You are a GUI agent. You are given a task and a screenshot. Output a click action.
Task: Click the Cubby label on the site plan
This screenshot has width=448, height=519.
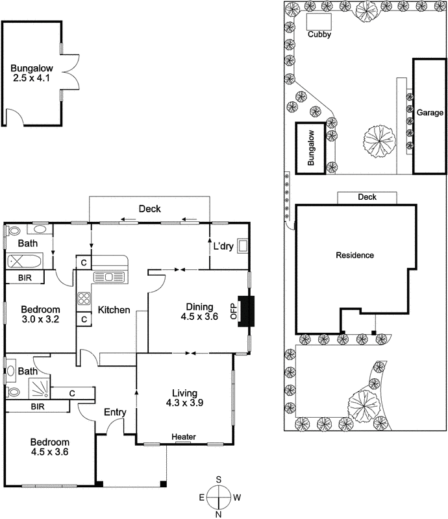tap(319, 35)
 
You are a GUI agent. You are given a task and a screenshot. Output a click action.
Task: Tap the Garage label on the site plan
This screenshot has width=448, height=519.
tap(430, 112)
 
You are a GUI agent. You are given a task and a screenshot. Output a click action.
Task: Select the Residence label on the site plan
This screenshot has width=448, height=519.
tap(355, 255)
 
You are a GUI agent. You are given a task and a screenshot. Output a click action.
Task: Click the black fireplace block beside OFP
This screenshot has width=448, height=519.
tap(246, 309)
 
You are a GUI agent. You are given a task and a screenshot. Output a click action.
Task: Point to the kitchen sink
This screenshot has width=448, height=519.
tap(108, 277)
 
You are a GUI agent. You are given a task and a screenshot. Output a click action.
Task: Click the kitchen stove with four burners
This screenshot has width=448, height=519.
tap(84, 299)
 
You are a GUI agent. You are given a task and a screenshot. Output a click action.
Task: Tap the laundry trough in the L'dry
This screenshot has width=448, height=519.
tap(244, 246)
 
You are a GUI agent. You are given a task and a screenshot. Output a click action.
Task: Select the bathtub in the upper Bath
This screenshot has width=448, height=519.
tap(24, 262)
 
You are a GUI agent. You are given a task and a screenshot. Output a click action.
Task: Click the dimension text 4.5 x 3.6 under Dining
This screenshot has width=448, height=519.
tap(200, 317)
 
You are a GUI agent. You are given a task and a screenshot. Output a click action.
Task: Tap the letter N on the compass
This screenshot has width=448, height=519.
tap(219, 514)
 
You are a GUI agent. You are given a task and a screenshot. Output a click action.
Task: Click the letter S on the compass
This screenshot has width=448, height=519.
tap(219, 479)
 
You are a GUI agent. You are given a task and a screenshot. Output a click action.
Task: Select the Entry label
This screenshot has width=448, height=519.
tap(115, 412)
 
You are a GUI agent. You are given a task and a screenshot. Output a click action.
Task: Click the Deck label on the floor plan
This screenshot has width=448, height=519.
tap(150, 209)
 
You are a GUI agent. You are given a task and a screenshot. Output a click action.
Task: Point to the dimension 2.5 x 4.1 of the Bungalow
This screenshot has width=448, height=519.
tap(31, 78)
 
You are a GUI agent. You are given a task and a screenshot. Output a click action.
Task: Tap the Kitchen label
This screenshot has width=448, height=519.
tap(114, 310)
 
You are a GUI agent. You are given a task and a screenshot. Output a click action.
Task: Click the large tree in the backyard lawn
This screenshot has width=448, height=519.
tap(380, 140)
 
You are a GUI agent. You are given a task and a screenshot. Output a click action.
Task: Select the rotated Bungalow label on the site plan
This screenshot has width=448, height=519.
tap(311, 149)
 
